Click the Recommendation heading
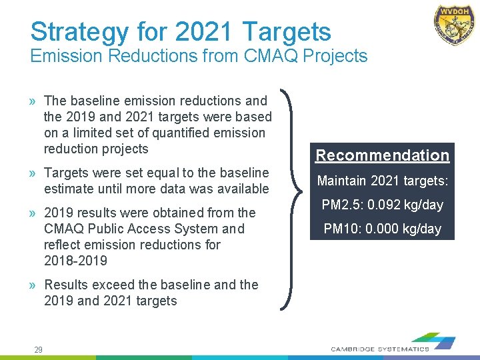tap(382, 155)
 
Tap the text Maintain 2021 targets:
tap(382, 180)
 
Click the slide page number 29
tap(39, 350)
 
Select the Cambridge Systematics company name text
tap(380, 349)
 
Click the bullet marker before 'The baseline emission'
tap(33, 101)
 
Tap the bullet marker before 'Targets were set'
tap(33, 173)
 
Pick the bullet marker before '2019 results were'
tap(33, 213)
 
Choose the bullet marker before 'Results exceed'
tap(33, 285)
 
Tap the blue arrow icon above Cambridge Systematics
tap(441, 342)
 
